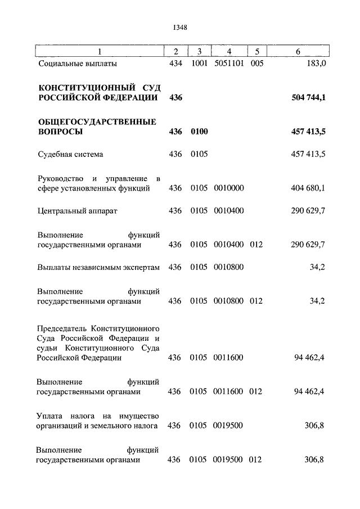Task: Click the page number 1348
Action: coord(180,27)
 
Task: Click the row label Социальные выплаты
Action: coord(78,64)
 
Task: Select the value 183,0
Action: coord(314,64)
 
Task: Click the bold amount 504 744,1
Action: coord(309,97)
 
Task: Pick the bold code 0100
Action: coord(199,132)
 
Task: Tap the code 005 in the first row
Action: coord(256,64)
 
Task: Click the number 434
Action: coord(175,64)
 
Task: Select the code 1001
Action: coord(199,64)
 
